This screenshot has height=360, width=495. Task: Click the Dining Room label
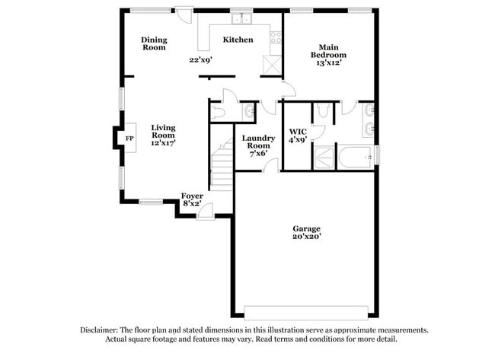[154, 44]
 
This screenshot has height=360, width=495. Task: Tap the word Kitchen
[238, 40]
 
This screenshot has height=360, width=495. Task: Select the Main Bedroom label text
[328, 55]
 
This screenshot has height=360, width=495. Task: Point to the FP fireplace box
[129, 139]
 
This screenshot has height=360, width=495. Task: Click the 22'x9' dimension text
[200, 59]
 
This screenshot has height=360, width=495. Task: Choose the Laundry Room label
[257, 145]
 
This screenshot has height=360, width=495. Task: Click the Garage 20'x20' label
[307, 232]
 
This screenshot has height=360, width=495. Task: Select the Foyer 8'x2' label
[192, 199]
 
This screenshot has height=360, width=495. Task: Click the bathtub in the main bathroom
[355, 158]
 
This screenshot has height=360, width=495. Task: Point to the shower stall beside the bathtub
[324, 158]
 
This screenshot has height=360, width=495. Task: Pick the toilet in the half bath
[219, 112]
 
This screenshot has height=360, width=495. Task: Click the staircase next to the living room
[222, 162]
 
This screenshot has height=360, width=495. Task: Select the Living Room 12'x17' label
[164, 135]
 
